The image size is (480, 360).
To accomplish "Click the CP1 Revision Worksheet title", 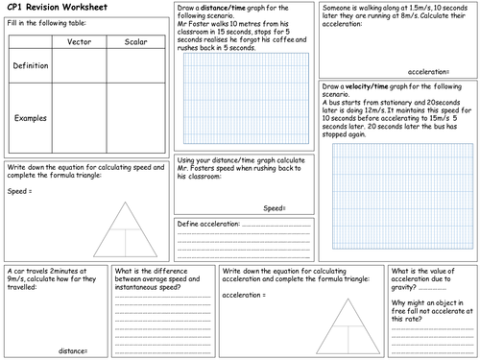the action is pyautogui.click(x=50, y=11).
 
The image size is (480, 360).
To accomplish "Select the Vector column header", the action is pyautogui.click(x=80, y=42).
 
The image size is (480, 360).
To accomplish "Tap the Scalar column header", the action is pyautogui.click(x=135, y=42).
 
